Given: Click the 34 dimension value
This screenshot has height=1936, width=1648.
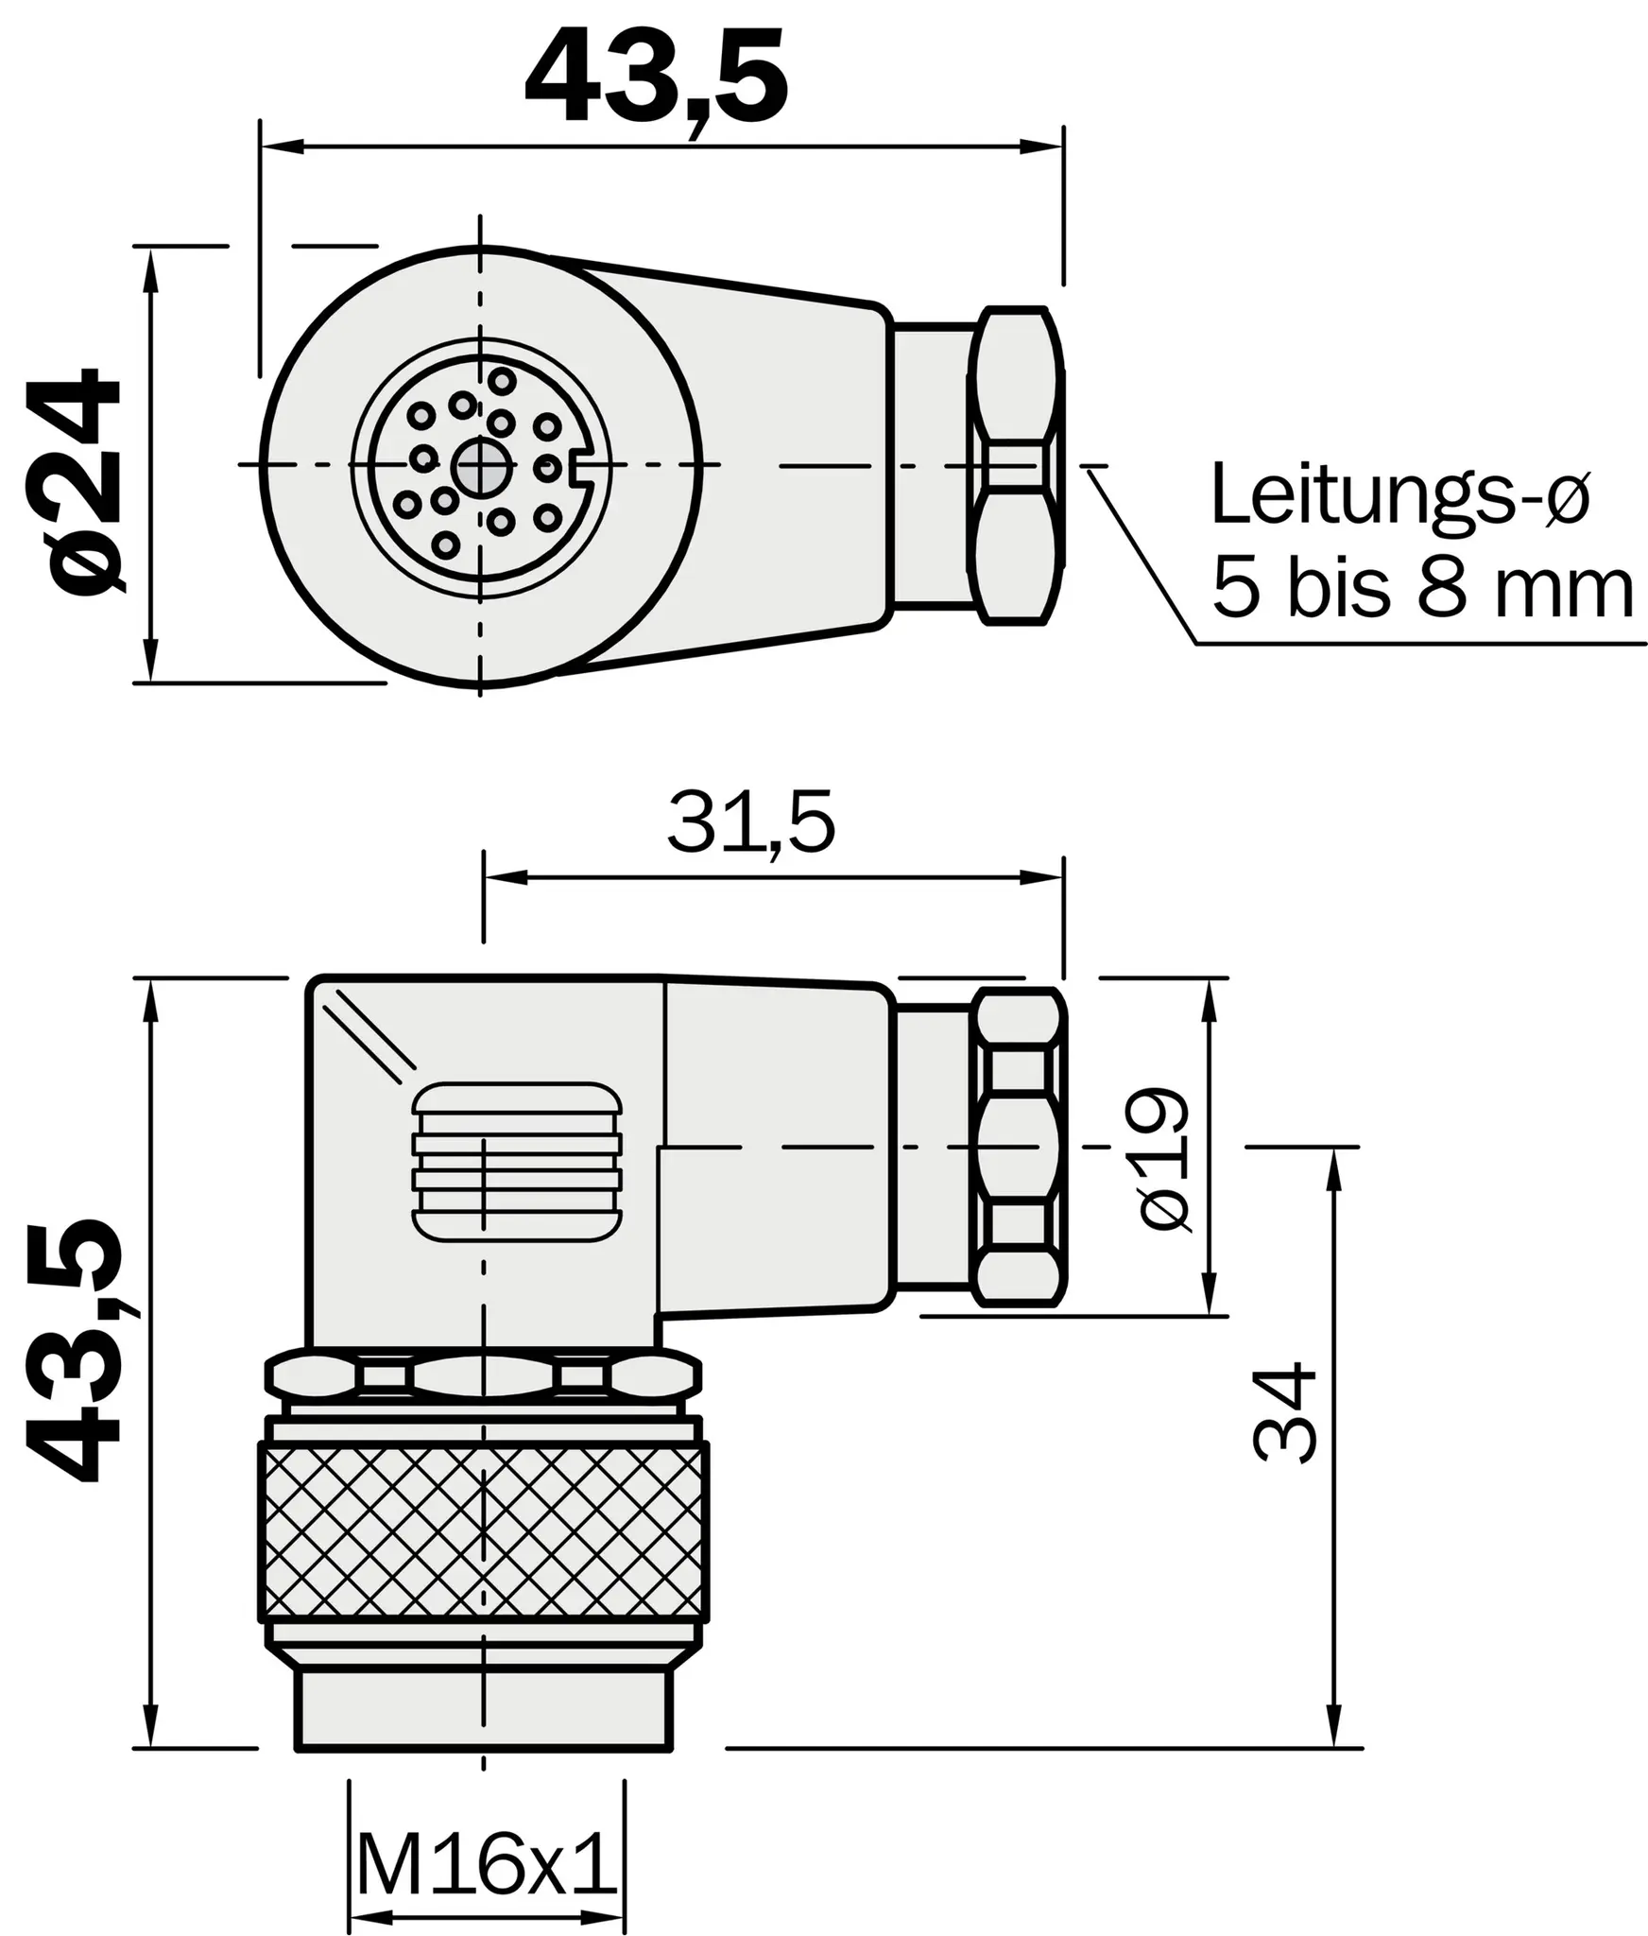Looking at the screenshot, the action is [x=1283, y=1412].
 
